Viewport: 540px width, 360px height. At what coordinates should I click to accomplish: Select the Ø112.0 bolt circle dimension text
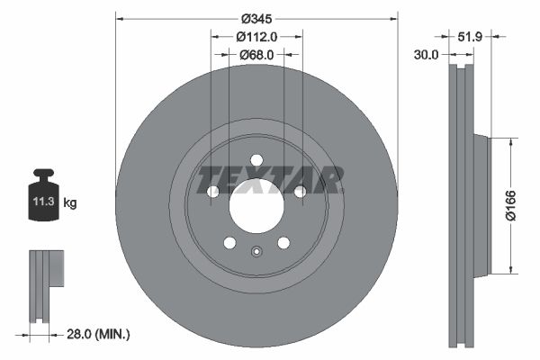coord(256,37)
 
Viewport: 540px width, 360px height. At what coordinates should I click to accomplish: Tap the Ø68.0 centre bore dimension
coord(257,55)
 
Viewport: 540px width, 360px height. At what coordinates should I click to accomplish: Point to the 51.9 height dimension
coord(469,37)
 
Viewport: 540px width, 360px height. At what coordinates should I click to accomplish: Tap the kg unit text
coord(70,203)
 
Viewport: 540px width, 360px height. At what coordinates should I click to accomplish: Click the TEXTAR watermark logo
coord(270,180)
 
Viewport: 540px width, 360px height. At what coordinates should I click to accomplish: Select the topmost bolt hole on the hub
coord(256,160)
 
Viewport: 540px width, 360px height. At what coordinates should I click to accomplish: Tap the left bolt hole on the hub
coord(213,192)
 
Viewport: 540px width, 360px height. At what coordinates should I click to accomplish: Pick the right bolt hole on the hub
coord(300,191)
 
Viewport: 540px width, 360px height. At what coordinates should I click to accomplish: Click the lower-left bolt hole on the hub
coord(229,243)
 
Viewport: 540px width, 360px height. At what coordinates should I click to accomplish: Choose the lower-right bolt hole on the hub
coord(283,243)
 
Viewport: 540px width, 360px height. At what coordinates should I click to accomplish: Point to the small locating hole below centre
coord(256,253)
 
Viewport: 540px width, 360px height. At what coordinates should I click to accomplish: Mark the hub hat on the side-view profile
coord(479,206)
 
